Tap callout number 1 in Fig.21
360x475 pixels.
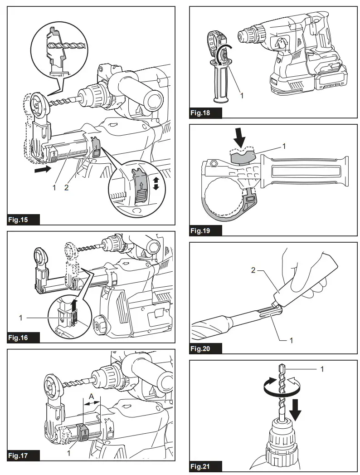click(322, 369)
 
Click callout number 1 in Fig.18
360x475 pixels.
click(242, 96)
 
